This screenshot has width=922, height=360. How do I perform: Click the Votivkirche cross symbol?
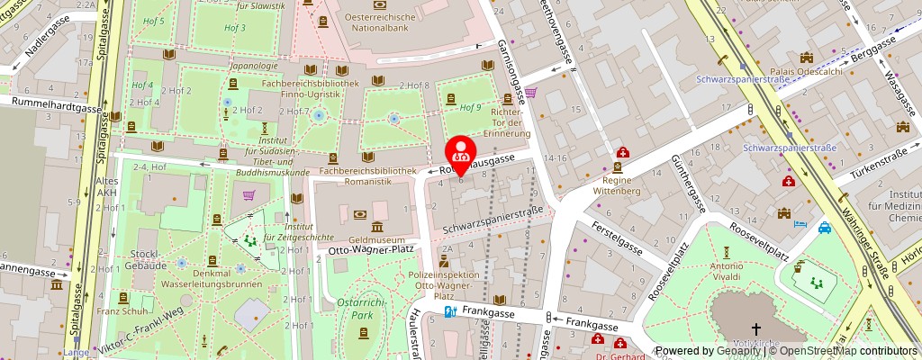[x=756, y=329]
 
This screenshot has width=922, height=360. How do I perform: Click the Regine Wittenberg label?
[x=616, y=185]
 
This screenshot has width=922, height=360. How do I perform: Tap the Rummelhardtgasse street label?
[x=51, y=106]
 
